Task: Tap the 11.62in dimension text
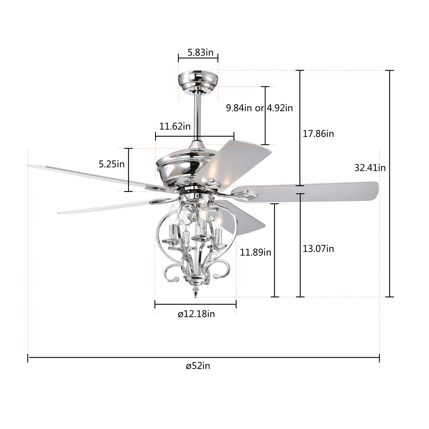175,126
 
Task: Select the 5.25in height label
112,164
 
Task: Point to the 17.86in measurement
318,134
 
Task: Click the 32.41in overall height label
370,168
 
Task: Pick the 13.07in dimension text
318,249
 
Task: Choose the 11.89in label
255,252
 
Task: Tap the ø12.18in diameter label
196,314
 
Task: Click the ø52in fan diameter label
198,366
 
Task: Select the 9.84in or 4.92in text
259,108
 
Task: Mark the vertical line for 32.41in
390,183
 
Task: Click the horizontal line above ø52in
203,357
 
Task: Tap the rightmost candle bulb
219,220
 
